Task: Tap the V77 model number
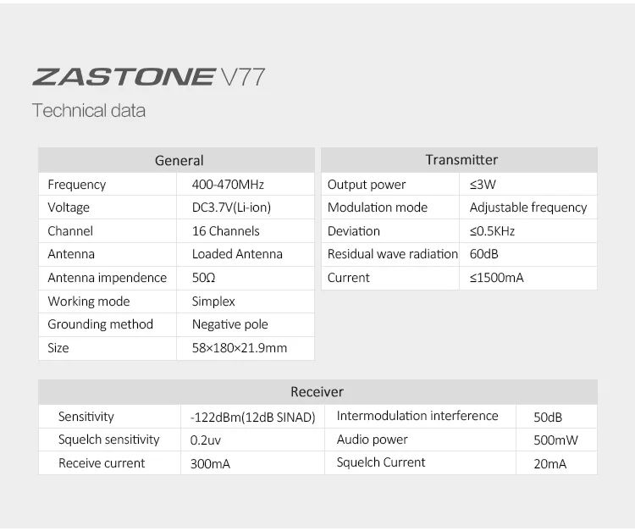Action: (x=243, y=77)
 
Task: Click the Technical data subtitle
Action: (x=89, y=111)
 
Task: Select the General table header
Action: (x=179, y=160)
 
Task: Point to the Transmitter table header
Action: (x=461, y=159)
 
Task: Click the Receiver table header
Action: (x=317, y=391)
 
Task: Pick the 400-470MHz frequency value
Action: (x=228, y=185)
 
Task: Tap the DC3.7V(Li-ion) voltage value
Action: (x=231, y=207)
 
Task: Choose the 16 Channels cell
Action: (x=225, y=231)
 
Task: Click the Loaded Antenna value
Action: (x=237, y=254)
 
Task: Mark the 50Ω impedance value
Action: (x=203, y=278)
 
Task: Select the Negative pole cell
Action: (x=230, y=324)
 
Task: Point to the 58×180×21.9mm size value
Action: (x=240, y=348)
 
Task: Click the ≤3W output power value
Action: (x=483, y=185)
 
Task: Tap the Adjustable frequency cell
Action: (x=528, y=207)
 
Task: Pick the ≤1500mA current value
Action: (x=496, y=278)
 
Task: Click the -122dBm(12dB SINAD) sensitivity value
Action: (x=252, y=418)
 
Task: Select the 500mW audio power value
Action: (x=555, y=440)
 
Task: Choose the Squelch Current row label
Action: (x=381, y=462)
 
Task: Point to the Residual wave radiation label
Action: (x=392, y=254)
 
